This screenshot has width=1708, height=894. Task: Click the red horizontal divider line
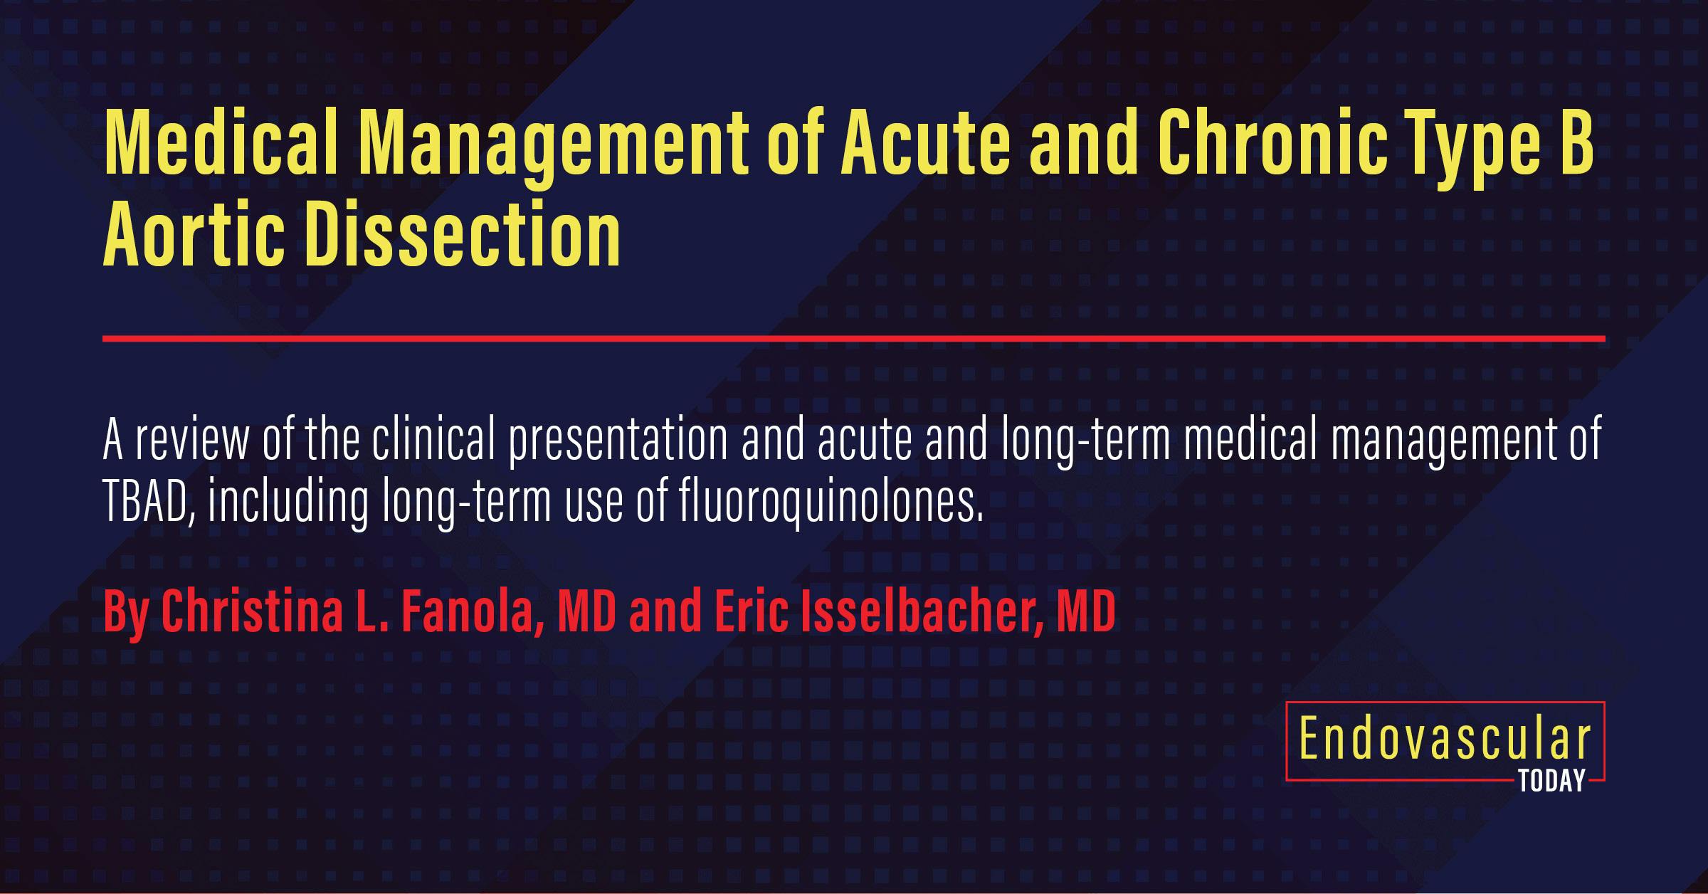[853, 339]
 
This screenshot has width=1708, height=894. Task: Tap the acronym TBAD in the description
[147, 502]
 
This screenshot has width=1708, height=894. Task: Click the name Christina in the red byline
[253, 611]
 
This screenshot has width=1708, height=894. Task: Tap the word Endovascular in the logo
[1445, 740]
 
